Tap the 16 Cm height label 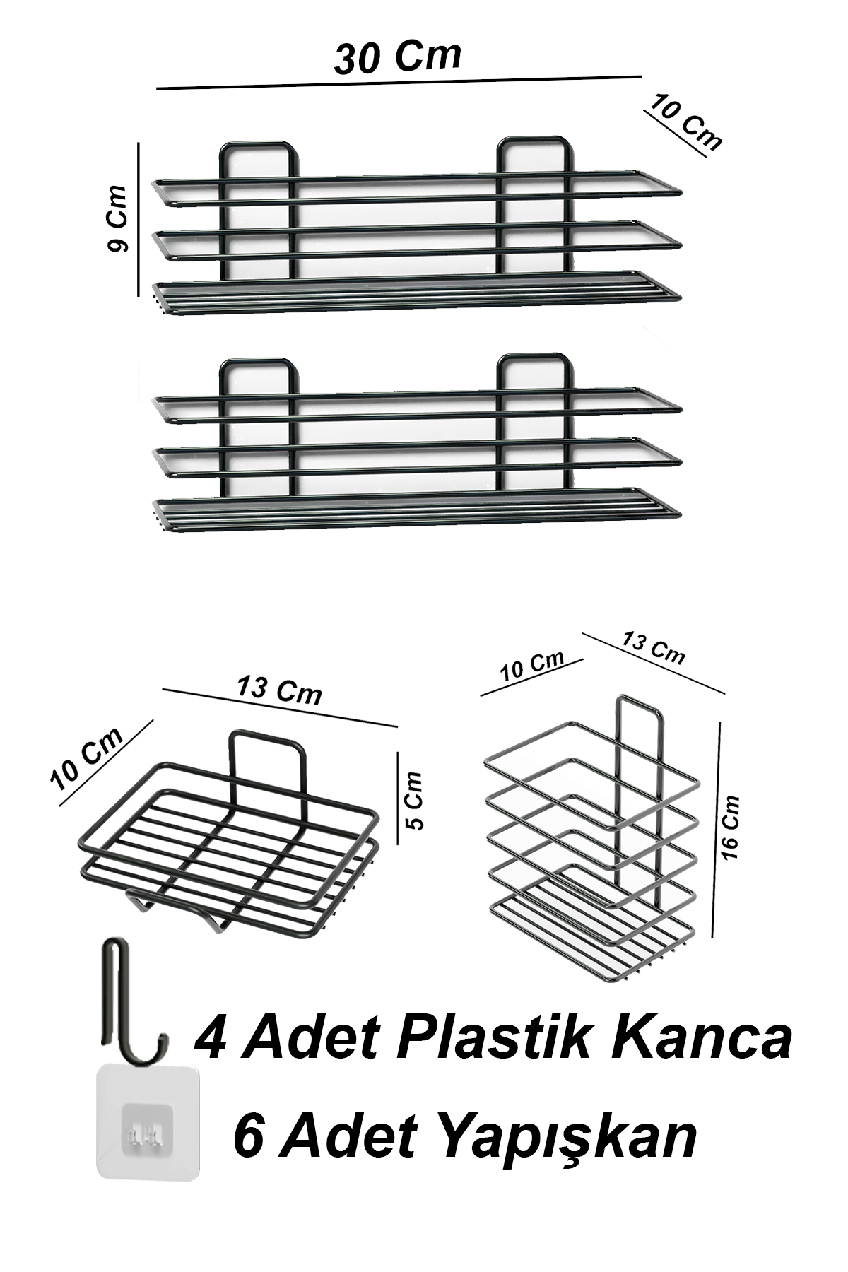[732, 828]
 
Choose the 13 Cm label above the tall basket [654, 648]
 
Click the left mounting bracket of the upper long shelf [259, 145]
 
